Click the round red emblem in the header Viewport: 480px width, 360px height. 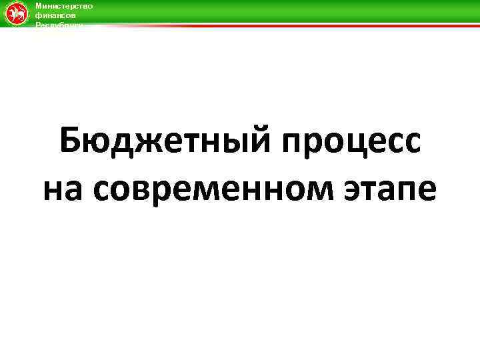(x=15, y=13)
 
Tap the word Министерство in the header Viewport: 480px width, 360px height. (x=64, y=5)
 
